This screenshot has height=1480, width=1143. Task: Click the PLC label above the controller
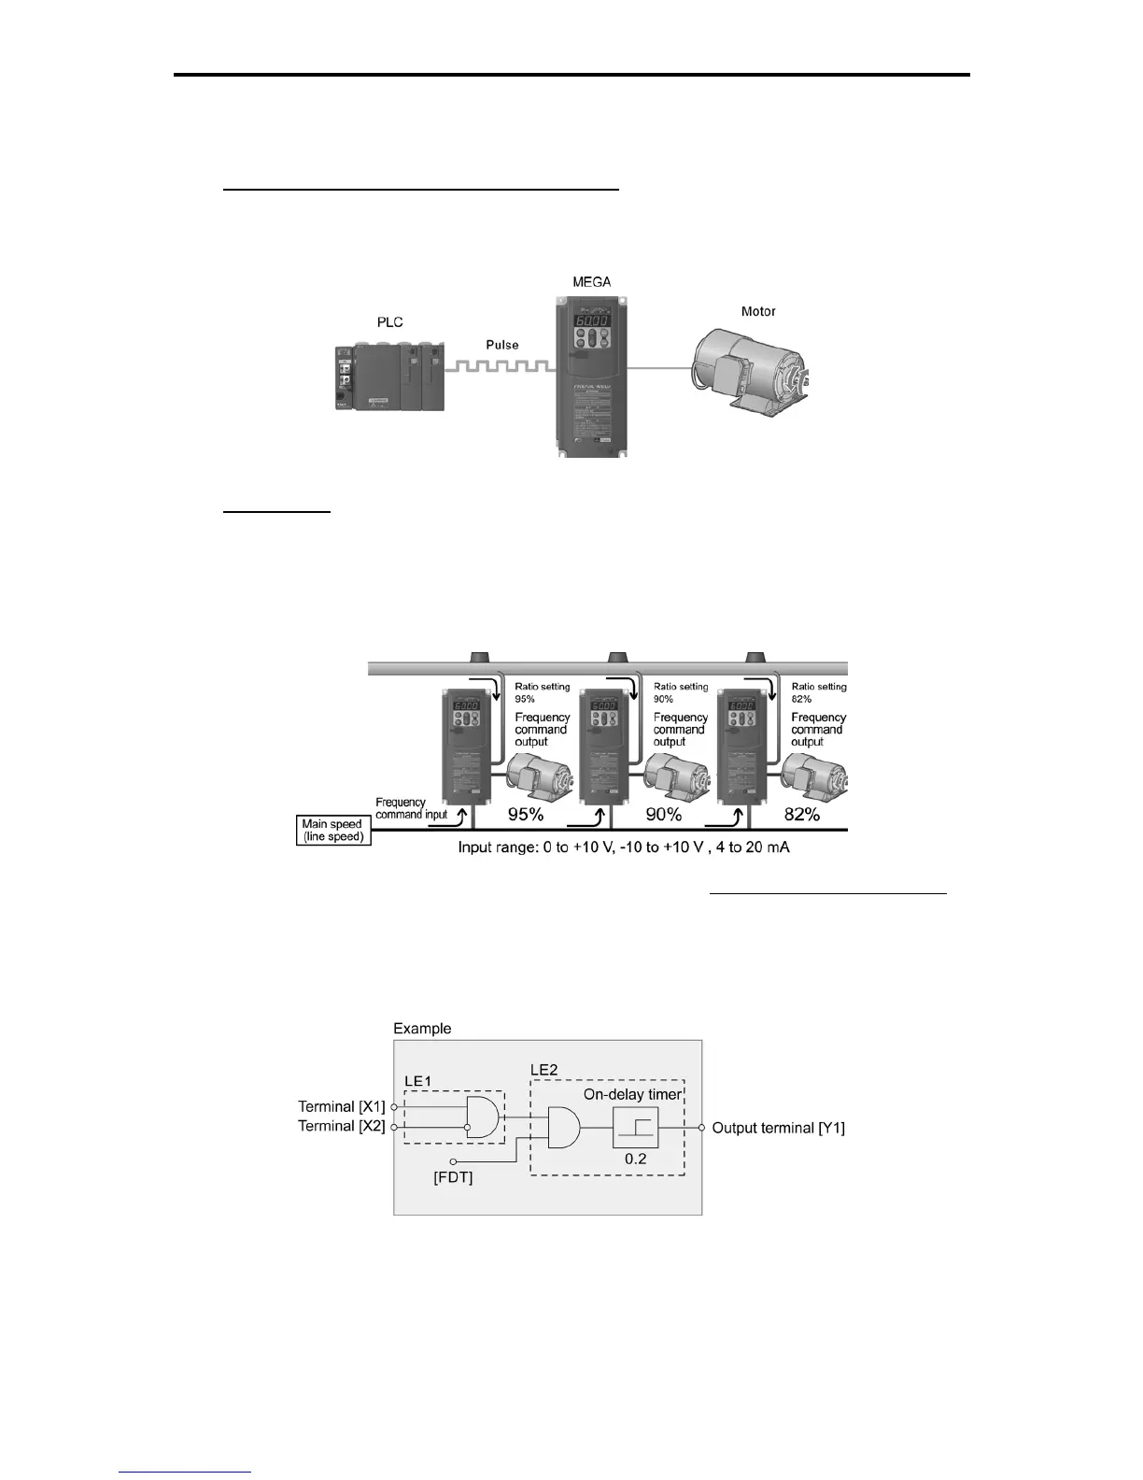(390, 322)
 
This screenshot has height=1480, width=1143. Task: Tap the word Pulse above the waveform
(501, 345)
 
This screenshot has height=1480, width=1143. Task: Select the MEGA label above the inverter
(591, 281)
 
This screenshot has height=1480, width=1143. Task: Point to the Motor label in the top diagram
(758, 311)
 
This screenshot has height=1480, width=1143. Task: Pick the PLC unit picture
(389, 377)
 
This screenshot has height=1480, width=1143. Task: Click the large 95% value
(526, 815)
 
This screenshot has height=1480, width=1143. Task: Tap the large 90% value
(664, 815)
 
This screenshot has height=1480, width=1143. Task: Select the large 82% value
(802, 815)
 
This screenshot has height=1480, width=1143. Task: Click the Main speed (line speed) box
(333, 831)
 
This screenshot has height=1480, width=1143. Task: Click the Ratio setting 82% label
(819, 692)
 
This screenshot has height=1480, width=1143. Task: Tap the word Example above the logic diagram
(422, 1029)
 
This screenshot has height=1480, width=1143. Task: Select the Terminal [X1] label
(341, 1106)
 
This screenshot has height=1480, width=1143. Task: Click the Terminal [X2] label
(341, 1126)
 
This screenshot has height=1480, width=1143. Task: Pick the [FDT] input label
(454, 1178)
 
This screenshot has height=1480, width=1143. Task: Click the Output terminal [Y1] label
(779, 1128)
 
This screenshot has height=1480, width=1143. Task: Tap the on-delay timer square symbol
(636, 1128)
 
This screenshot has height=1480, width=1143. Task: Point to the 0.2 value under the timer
(636, 1159)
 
